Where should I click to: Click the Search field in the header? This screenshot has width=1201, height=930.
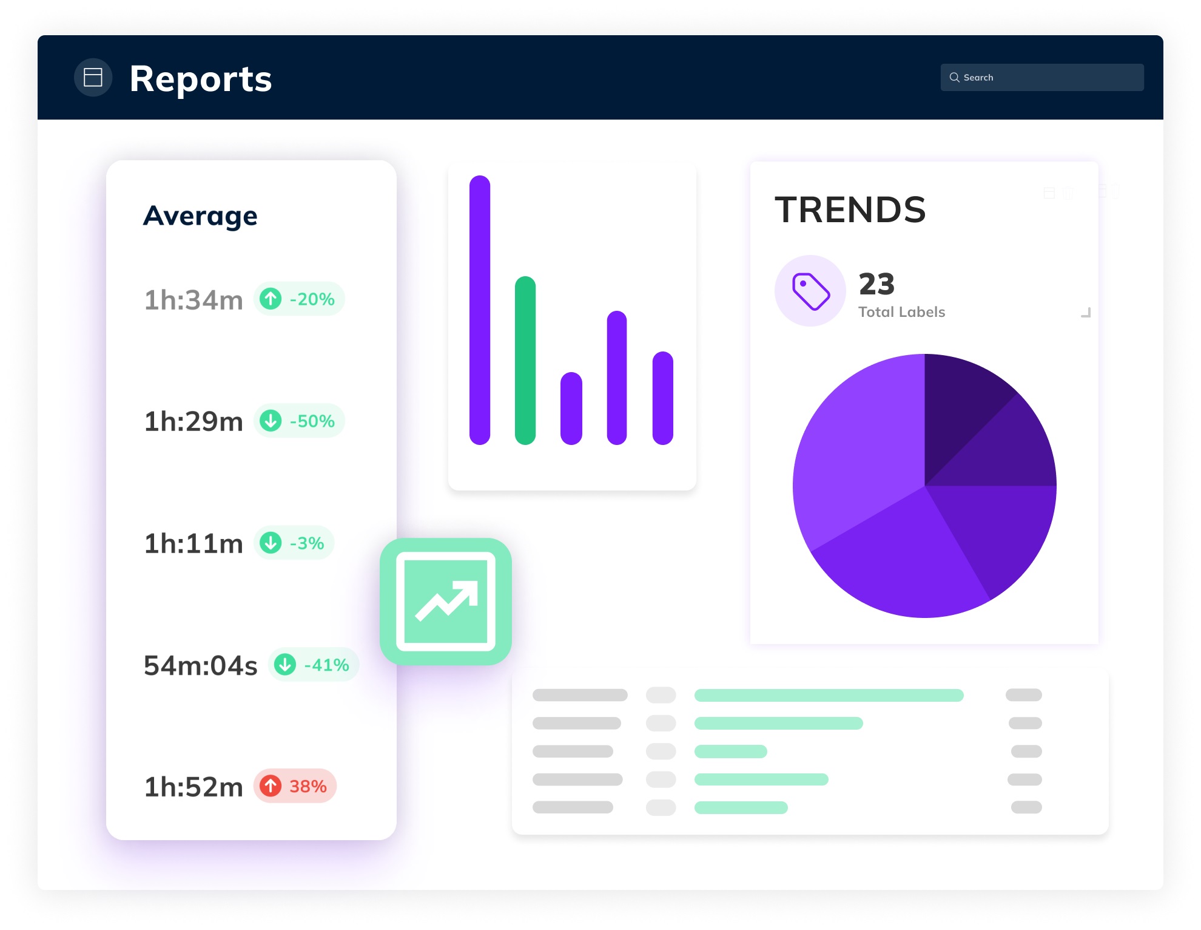[x=1041, y=78]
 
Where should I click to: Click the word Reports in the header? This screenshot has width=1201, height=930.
[x=201, y=79]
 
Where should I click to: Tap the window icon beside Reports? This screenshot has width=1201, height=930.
[x=93, y=78]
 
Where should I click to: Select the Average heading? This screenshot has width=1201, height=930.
[x=200, y=216]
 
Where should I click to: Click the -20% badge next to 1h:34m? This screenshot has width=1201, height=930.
[x=299, y=299]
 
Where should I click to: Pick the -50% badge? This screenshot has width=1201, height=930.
[x=299, y=421]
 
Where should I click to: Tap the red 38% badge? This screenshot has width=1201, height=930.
[x=295, y=786]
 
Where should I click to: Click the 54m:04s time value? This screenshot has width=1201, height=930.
[x=200, y=665]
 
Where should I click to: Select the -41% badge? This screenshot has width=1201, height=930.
[x=313, y=665]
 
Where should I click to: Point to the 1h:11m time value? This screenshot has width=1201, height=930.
[x=193, y=543]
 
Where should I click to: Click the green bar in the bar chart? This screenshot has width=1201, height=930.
[x=525, y=361]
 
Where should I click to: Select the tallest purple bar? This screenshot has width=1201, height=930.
[x=479, y=310]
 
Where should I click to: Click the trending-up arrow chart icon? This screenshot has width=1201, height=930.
[x=446, y=602]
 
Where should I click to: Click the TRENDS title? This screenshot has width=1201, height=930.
[x=850, y=210]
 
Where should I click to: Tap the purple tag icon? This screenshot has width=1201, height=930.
[x=810, y=291]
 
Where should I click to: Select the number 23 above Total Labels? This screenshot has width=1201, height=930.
[x=876, y=284]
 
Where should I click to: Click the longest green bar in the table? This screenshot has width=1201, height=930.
[x=829, y=695]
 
